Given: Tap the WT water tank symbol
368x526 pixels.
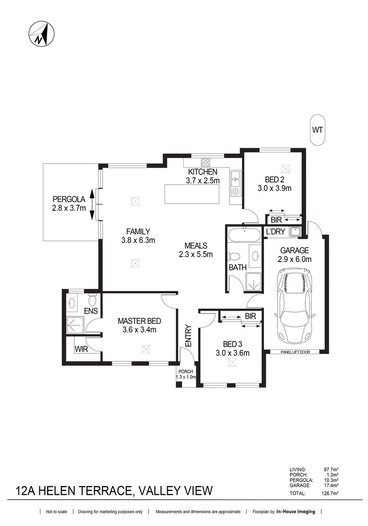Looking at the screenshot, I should coord(317,130).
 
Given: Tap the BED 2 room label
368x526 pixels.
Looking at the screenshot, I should coord(274,179).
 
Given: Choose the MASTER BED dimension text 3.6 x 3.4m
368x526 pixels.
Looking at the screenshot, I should coord(140,330).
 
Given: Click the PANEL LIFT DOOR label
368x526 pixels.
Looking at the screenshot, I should coord(295,352).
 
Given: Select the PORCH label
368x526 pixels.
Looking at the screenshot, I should coord(186,371).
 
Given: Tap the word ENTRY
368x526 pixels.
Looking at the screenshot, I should coord(189,336).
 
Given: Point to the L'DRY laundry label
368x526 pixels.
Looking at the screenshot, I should coord(275,232).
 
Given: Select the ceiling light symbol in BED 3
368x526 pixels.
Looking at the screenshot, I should coord(232,362).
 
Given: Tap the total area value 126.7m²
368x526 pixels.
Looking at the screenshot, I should coord(331,493).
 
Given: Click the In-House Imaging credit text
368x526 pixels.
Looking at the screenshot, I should coord(296,511).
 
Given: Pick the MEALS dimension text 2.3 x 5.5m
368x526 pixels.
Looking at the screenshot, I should coord(196,254).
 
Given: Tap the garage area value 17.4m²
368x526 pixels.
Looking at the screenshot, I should coord(331,486).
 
